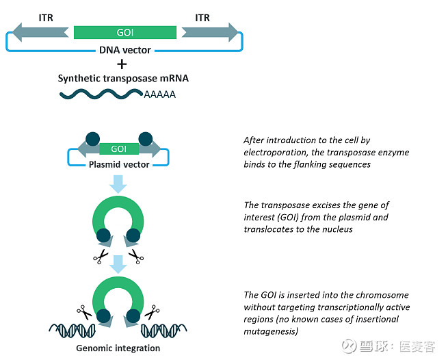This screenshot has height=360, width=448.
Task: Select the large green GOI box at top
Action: coord(124,32)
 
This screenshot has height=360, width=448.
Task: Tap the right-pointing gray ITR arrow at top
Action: coord(209,32)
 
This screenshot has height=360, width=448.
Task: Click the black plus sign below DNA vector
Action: coord(122,64)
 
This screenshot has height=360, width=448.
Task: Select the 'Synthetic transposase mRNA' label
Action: coord(122,78)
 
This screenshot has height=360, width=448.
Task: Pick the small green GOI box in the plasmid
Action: coord(118,149)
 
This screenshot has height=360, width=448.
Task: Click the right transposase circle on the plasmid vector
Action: coord(144,139)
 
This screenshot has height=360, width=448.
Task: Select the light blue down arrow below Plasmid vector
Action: coord(118,183)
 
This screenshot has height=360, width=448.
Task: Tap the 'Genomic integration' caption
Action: coord(118,348)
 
